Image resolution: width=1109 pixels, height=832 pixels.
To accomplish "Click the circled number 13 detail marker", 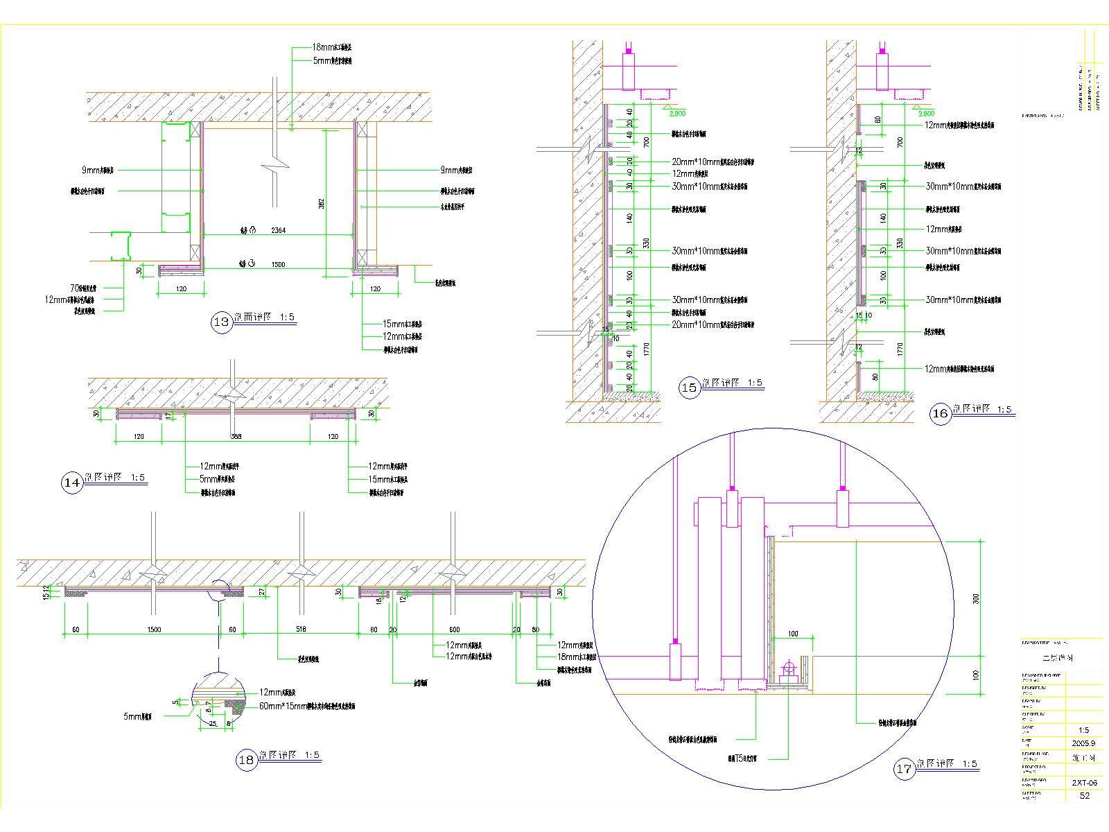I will [x=222, y=322].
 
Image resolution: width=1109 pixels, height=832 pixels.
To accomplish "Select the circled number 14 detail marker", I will [x=72, y=483].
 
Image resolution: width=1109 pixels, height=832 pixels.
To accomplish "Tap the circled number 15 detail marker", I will [x=689, y=388].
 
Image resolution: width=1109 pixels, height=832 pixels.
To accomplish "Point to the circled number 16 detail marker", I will [x=940, y=415].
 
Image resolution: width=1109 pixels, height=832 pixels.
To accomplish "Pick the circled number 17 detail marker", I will [x=903, y=769].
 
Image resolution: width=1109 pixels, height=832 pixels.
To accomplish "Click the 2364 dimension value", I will [x=278, y=229].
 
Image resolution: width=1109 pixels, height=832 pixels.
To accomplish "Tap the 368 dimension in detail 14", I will [x=236, y=437].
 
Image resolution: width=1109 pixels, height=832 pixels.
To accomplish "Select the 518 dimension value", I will [x=301, y=630].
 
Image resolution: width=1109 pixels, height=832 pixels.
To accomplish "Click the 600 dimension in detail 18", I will [x=454, y=630].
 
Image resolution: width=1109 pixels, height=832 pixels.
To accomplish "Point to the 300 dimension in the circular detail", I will [x=976, y=599].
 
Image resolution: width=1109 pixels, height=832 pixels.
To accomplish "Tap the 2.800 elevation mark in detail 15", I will [x=676, y=113].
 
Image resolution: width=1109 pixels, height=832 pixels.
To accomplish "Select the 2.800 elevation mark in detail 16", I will [x=926, y=113].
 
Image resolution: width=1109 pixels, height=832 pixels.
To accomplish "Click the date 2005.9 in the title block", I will [x=1084, y=743].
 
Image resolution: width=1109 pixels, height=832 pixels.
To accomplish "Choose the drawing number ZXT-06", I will [x=1084, y=783].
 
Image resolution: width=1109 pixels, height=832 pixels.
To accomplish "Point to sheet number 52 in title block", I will [x=1084, y=796].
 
